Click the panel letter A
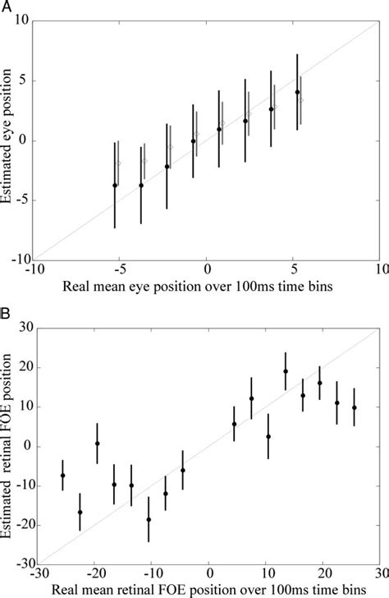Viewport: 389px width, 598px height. [6, 6]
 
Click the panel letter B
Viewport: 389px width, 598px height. [6, 315]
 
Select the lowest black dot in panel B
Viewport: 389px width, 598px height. [149, 519]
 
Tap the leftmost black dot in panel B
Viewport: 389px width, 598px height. [63, 476]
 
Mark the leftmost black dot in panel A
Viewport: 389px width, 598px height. [115, 186]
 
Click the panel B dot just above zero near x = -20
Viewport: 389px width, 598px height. [97, 444]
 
